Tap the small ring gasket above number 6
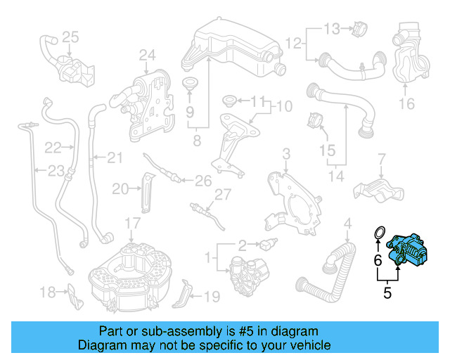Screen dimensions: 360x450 pos(378,232)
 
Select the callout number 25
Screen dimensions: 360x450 pos(70,37)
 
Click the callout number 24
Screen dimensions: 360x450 pos(146,55)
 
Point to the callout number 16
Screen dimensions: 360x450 pos(407,105)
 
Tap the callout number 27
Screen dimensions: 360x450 pos(223,195)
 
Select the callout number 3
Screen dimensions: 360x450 pos(286,154)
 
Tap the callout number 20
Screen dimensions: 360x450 pos(120,188)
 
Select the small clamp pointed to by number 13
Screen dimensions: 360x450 pos(359,30)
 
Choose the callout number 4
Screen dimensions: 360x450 pos(347,225)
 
